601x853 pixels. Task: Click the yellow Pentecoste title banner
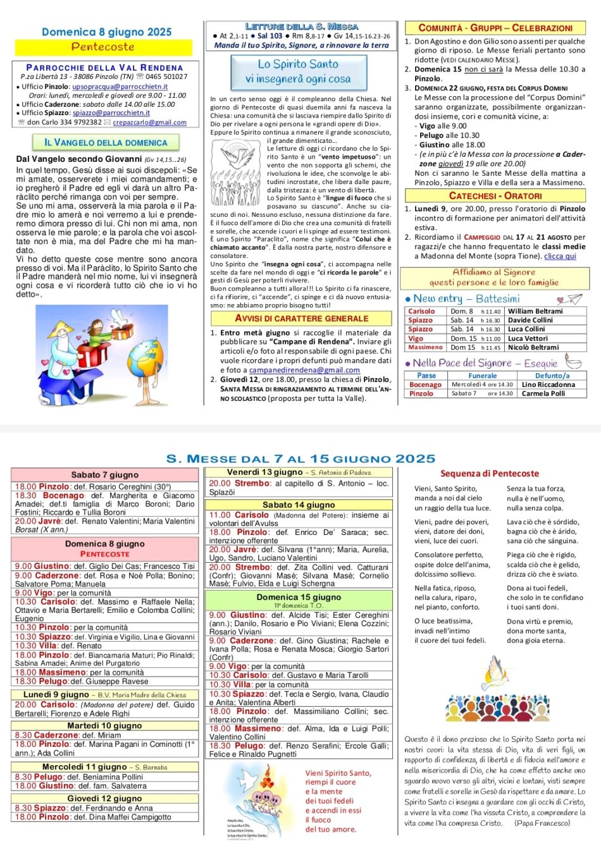(x=103, y=47)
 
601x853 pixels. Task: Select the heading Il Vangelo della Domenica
(x=106, y=143)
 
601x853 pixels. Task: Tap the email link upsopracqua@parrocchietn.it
(x=120, y=87)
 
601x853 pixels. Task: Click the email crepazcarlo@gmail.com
(x=149, y=122)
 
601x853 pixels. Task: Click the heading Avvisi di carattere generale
(x=301, y=319)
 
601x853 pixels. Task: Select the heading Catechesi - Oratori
(x=495, y=196)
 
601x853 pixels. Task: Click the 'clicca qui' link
(x=560, y=256)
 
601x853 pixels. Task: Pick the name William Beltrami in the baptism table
(x=535, y=311)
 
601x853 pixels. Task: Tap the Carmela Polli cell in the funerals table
(x=543, y=393)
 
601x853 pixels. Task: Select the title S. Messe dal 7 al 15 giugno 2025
(x=300, y=458)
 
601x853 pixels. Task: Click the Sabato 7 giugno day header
(x=104, y=475)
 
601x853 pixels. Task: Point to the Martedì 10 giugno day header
(x=104, y=726)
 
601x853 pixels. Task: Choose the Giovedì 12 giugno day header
(x=104, y=799)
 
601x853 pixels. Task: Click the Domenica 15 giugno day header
(x=299, y=597)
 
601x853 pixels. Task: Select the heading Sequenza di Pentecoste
(x=490, y=474)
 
